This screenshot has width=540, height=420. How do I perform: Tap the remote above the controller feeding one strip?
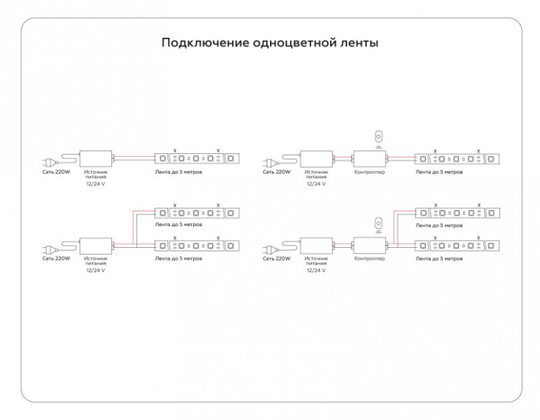click(378, 136)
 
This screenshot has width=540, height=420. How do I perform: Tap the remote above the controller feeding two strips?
click(378, 223)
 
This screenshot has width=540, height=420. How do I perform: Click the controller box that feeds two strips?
click(369, 245)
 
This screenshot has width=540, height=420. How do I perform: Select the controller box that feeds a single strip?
click(369, 158)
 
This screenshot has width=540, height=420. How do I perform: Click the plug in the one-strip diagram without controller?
click(48, 161)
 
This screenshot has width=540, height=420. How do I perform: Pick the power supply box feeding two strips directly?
click(96, 245)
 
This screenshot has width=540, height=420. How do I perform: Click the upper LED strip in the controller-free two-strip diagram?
click(197, 213)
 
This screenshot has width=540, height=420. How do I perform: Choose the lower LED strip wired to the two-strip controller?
click(457, 246)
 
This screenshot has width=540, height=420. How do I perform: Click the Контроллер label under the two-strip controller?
click(369, 258)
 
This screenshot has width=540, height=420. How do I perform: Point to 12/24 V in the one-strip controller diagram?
click(316, 183)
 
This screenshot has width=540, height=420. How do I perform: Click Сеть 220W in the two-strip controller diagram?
click(276, 258)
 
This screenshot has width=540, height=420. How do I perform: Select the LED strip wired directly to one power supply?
click(197, 158)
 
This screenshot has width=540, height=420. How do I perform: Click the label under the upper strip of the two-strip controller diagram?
click(439, 225)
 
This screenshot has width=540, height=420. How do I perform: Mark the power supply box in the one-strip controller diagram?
click(316, 158)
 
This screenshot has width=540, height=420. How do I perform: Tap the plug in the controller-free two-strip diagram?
click(48, 248)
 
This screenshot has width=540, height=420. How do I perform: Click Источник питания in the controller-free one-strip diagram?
click(96, 174)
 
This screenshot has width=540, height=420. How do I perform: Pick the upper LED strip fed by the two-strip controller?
click(457, 213)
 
